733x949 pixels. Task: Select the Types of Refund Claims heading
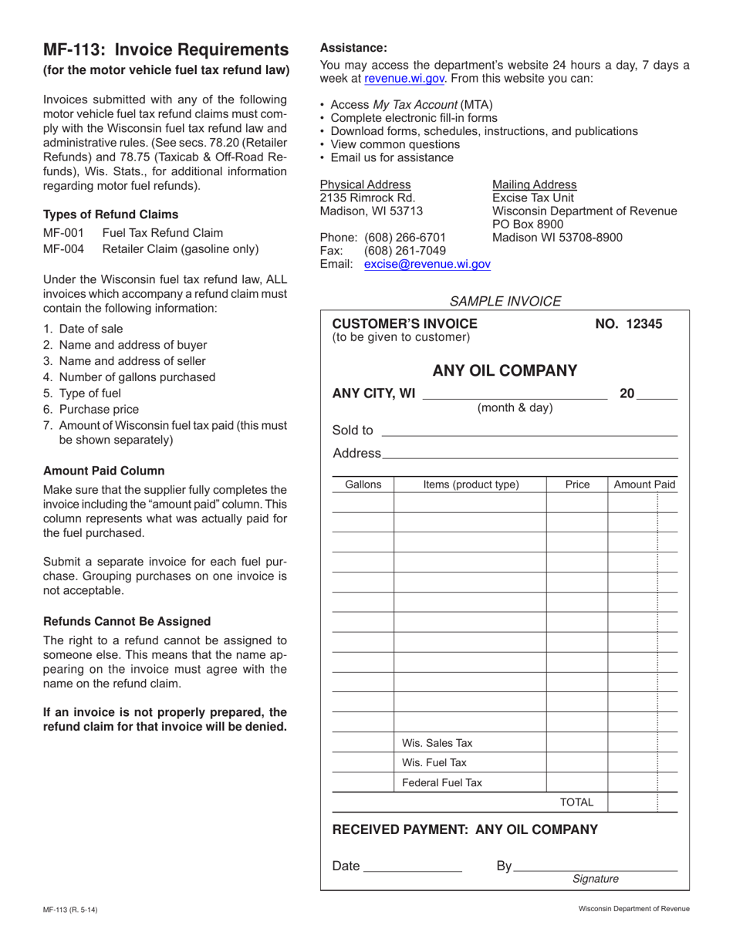tap(110, 214)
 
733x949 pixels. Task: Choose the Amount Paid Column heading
tap(103, 471)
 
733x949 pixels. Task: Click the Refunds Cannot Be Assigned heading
tap(127, 621)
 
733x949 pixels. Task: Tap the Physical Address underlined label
tap(365, 184)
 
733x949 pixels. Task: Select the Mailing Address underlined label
tap(534, 184)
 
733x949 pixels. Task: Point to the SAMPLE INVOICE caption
tap(505, 301)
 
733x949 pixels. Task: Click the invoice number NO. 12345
tap(628, 324)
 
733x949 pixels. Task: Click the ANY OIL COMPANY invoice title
tap(505, 371)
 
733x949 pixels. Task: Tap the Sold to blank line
tap(529, 431)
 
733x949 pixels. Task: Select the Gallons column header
tap(363, 485)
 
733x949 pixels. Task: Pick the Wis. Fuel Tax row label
tap(434, 763)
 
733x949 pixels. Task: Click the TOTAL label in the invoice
tap(576, 802)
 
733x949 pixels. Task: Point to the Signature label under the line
tap(595, 879)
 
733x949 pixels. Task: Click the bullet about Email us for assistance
tap(391, 157)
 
